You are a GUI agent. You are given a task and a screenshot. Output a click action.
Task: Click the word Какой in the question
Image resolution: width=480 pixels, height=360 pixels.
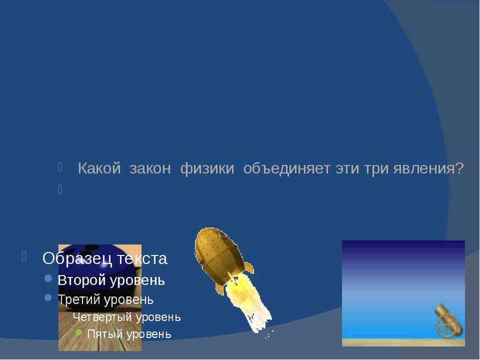[99, 168]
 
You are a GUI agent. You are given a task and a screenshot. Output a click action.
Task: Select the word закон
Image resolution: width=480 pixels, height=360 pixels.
[150, 169]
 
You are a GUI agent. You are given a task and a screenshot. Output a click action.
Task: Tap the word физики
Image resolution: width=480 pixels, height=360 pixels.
[207, 169]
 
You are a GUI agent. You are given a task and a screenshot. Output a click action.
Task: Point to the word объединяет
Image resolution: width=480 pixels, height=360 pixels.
[287, 169]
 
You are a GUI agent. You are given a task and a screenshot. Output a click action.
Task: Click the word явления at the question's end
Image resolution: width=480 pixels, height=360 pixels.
[429, 169]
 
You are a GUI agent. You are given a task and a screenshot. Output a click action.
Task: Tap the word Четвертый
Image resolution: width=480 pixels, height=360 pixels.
[102, 317]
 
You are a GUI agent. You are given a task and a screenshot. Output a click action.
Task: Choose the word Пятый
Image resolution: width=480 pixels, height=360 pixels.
[105, 334]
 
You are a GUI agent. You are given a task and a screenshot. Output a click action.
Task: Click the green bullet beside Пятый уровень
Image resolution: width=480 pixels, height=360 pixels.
[79, 332]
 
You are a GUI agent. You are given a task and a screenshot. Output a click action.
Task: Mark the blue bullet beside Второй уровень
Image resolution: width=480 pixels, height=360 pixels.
[48, 279]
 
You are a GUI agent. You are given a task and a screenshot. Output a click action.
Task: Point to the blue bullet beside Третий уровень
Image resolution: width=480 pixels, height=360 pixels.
[48, 298]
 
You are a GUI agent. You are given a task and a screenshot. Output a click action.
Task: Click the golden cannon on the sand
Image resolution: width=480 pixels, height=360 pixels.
[449, 321]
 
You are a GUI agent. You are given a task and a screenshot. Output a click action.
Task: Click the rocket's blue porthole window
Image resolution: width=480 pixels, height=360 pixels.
[223, 235]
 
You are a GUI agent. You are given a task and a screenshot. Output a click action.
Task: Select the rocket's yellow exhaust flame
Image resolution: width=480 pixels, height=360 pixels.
[248, 306]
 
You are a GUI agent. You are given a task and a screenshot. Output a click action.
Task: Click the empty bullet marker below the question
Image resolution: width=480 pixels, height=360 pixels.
[59, 190]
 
